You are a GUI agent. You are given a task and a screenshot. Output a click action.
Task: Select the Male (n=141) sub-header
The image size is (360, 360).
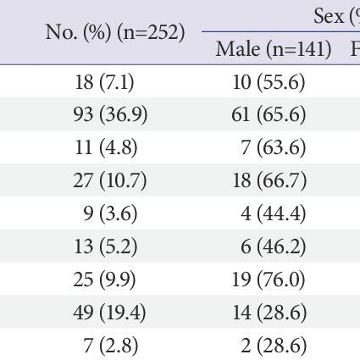[274, 48]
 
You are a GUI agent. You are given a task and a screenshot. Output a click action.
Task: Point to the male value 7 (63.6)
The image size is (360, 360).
[274, 147]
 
